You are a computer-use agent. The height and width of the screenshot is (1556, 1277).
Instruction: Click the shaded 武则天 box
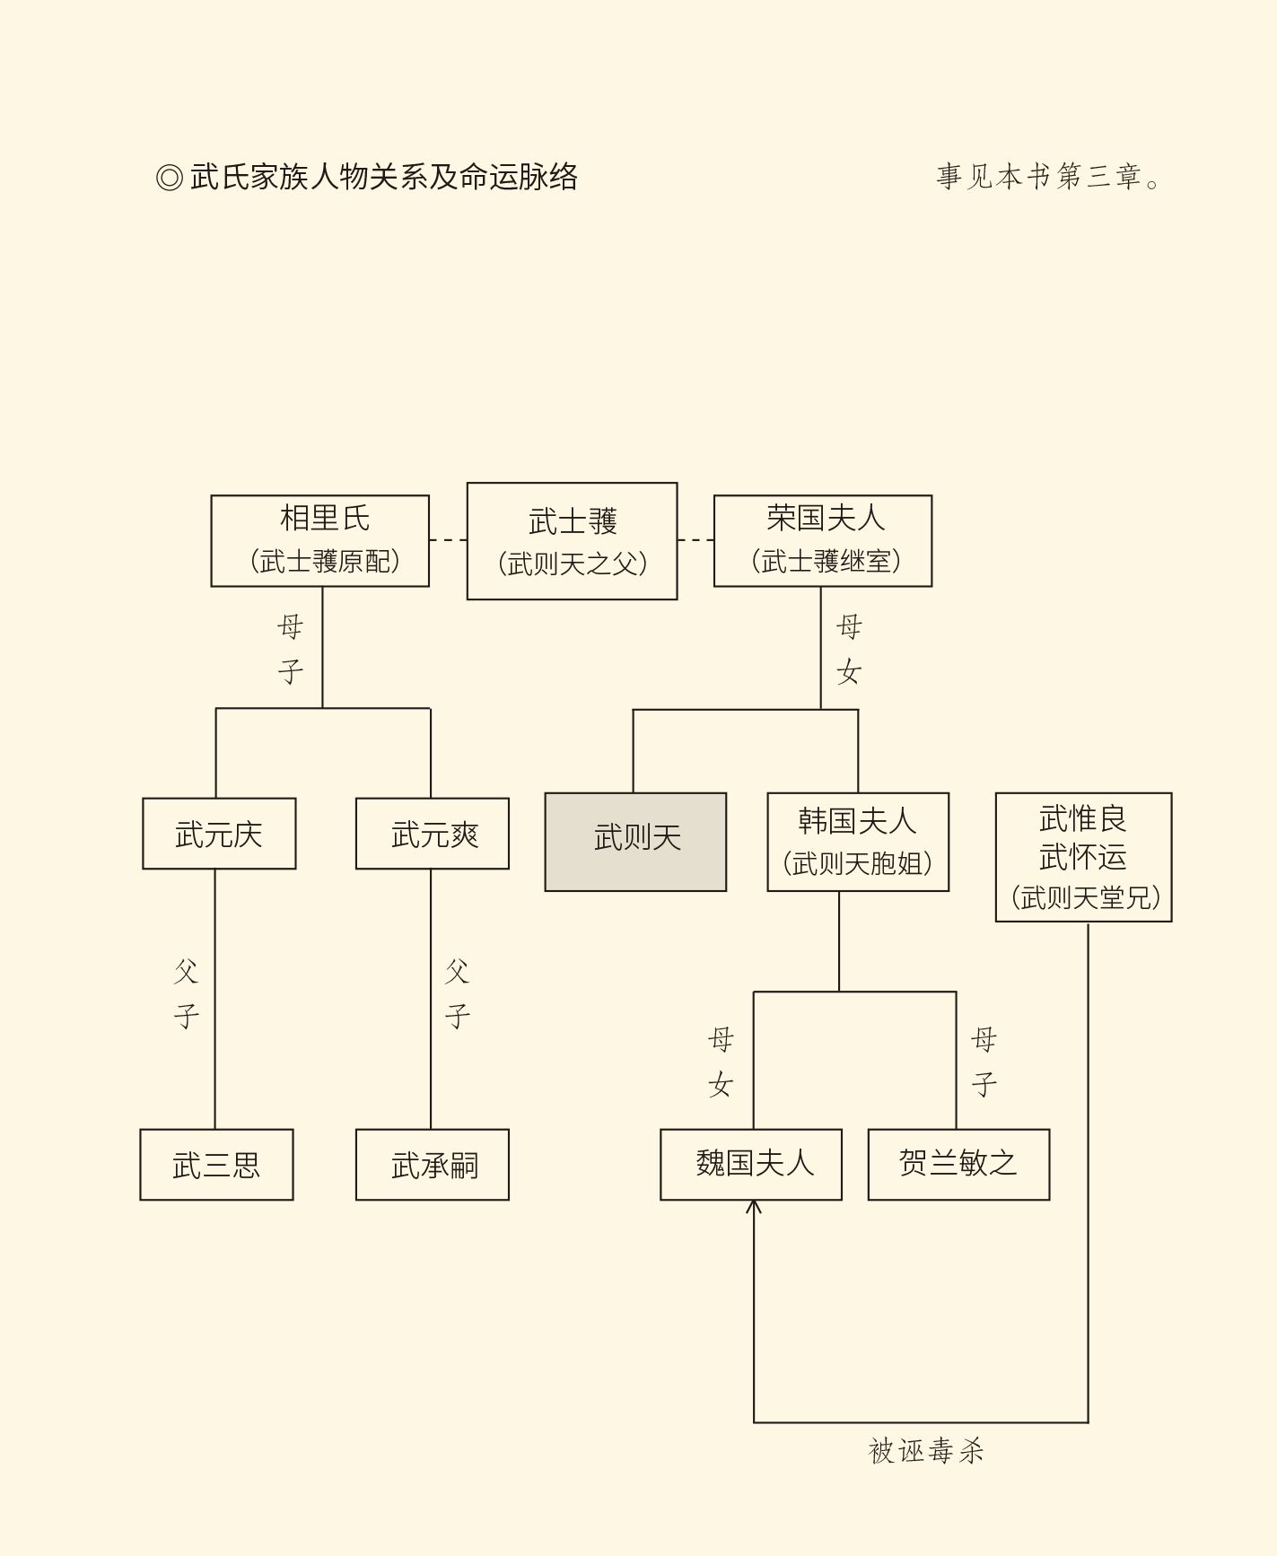(x=635, y=842)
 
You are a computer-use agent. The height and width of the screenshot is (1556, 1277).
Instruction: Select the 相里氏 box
(x=320, y=540)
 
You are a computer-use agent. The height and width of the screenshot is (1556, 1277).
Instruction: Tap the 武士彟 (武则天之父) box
(x=572, y=541)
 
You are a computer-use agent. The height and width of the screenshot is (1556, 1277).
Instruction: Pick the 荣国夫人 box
(x=823, y=540)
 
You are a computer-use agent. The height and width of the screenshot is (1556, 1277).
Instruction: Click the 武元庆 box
(x=219, y=834)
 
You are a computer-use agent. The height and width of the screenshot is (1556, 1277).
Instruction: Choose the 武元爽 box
(x=433, y=834)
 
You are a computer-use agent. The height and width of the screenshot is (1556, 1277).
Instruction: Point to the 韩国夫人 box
(x=858, y=842)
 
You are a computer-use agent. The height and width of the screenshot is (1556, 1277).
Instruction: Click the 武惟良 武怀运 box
(x=1083, y=857)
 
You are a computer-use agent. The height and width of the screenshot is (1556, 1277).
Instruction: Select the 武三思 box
(x=216, y=1165)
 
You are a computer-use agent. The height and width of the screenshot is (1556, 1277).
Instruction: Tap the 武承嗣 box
(x=433, y=1165)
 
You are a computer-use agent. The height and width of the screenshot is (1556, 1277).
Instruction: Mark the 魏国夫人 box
(x=751, y=1165)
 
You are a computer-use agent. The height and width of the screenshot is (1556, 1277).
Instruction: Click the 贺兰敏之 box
(x=958, y=1165)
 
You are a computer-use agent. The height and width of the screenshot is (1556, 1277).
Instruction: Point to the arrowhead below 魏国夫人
(x=754, y=1207)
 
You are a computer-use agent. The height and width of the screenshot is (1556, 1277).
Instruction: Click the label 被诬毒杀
(x=926, y=1451)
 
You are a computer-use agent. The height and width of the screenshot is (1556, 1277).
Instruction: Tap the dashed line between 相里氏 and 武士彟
(x=448, y=540)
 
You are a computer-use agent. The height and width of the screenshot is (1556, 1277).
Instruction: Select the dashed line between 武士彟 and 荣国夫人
(x=695, y=540)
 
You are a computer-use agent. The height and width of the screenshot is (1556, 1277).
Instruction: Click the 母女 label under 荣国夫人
(x=848, y=649)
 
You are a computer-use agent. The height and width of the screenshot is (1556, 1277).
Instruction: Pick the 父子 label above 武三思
(x=186, y=993)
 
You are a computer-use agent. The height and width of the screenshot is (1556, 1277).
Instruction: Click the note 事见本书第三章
(x=1048, y=177)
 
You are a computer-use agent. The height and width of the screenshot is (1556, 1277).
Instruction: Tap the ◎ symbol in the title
(x=169, y=178)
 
